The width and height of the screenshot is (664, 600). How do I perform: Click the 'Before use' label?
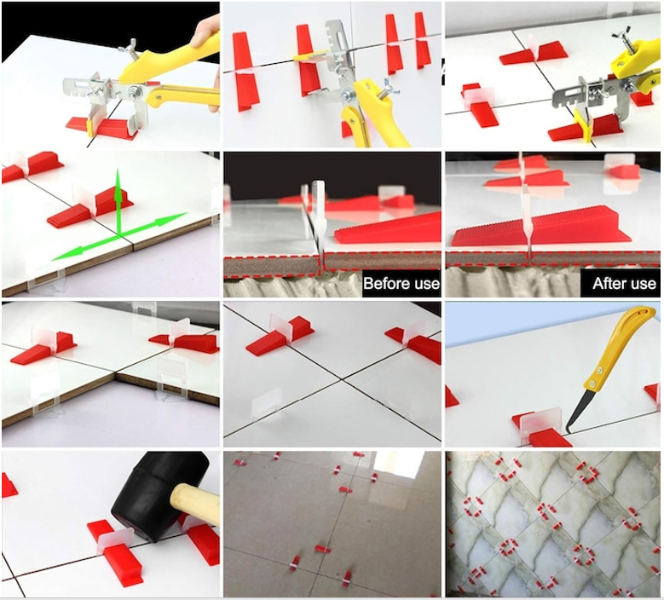(x=401, y=283)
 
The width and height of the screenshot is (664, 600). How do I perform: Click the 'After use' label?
(x=624, y=283)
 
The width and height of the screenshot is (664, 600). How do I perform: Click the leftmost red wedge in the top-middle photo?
(x=245, y=71)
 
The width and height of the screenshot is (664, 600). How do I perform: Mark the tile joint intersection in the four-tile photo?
(x=340, y=379)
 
